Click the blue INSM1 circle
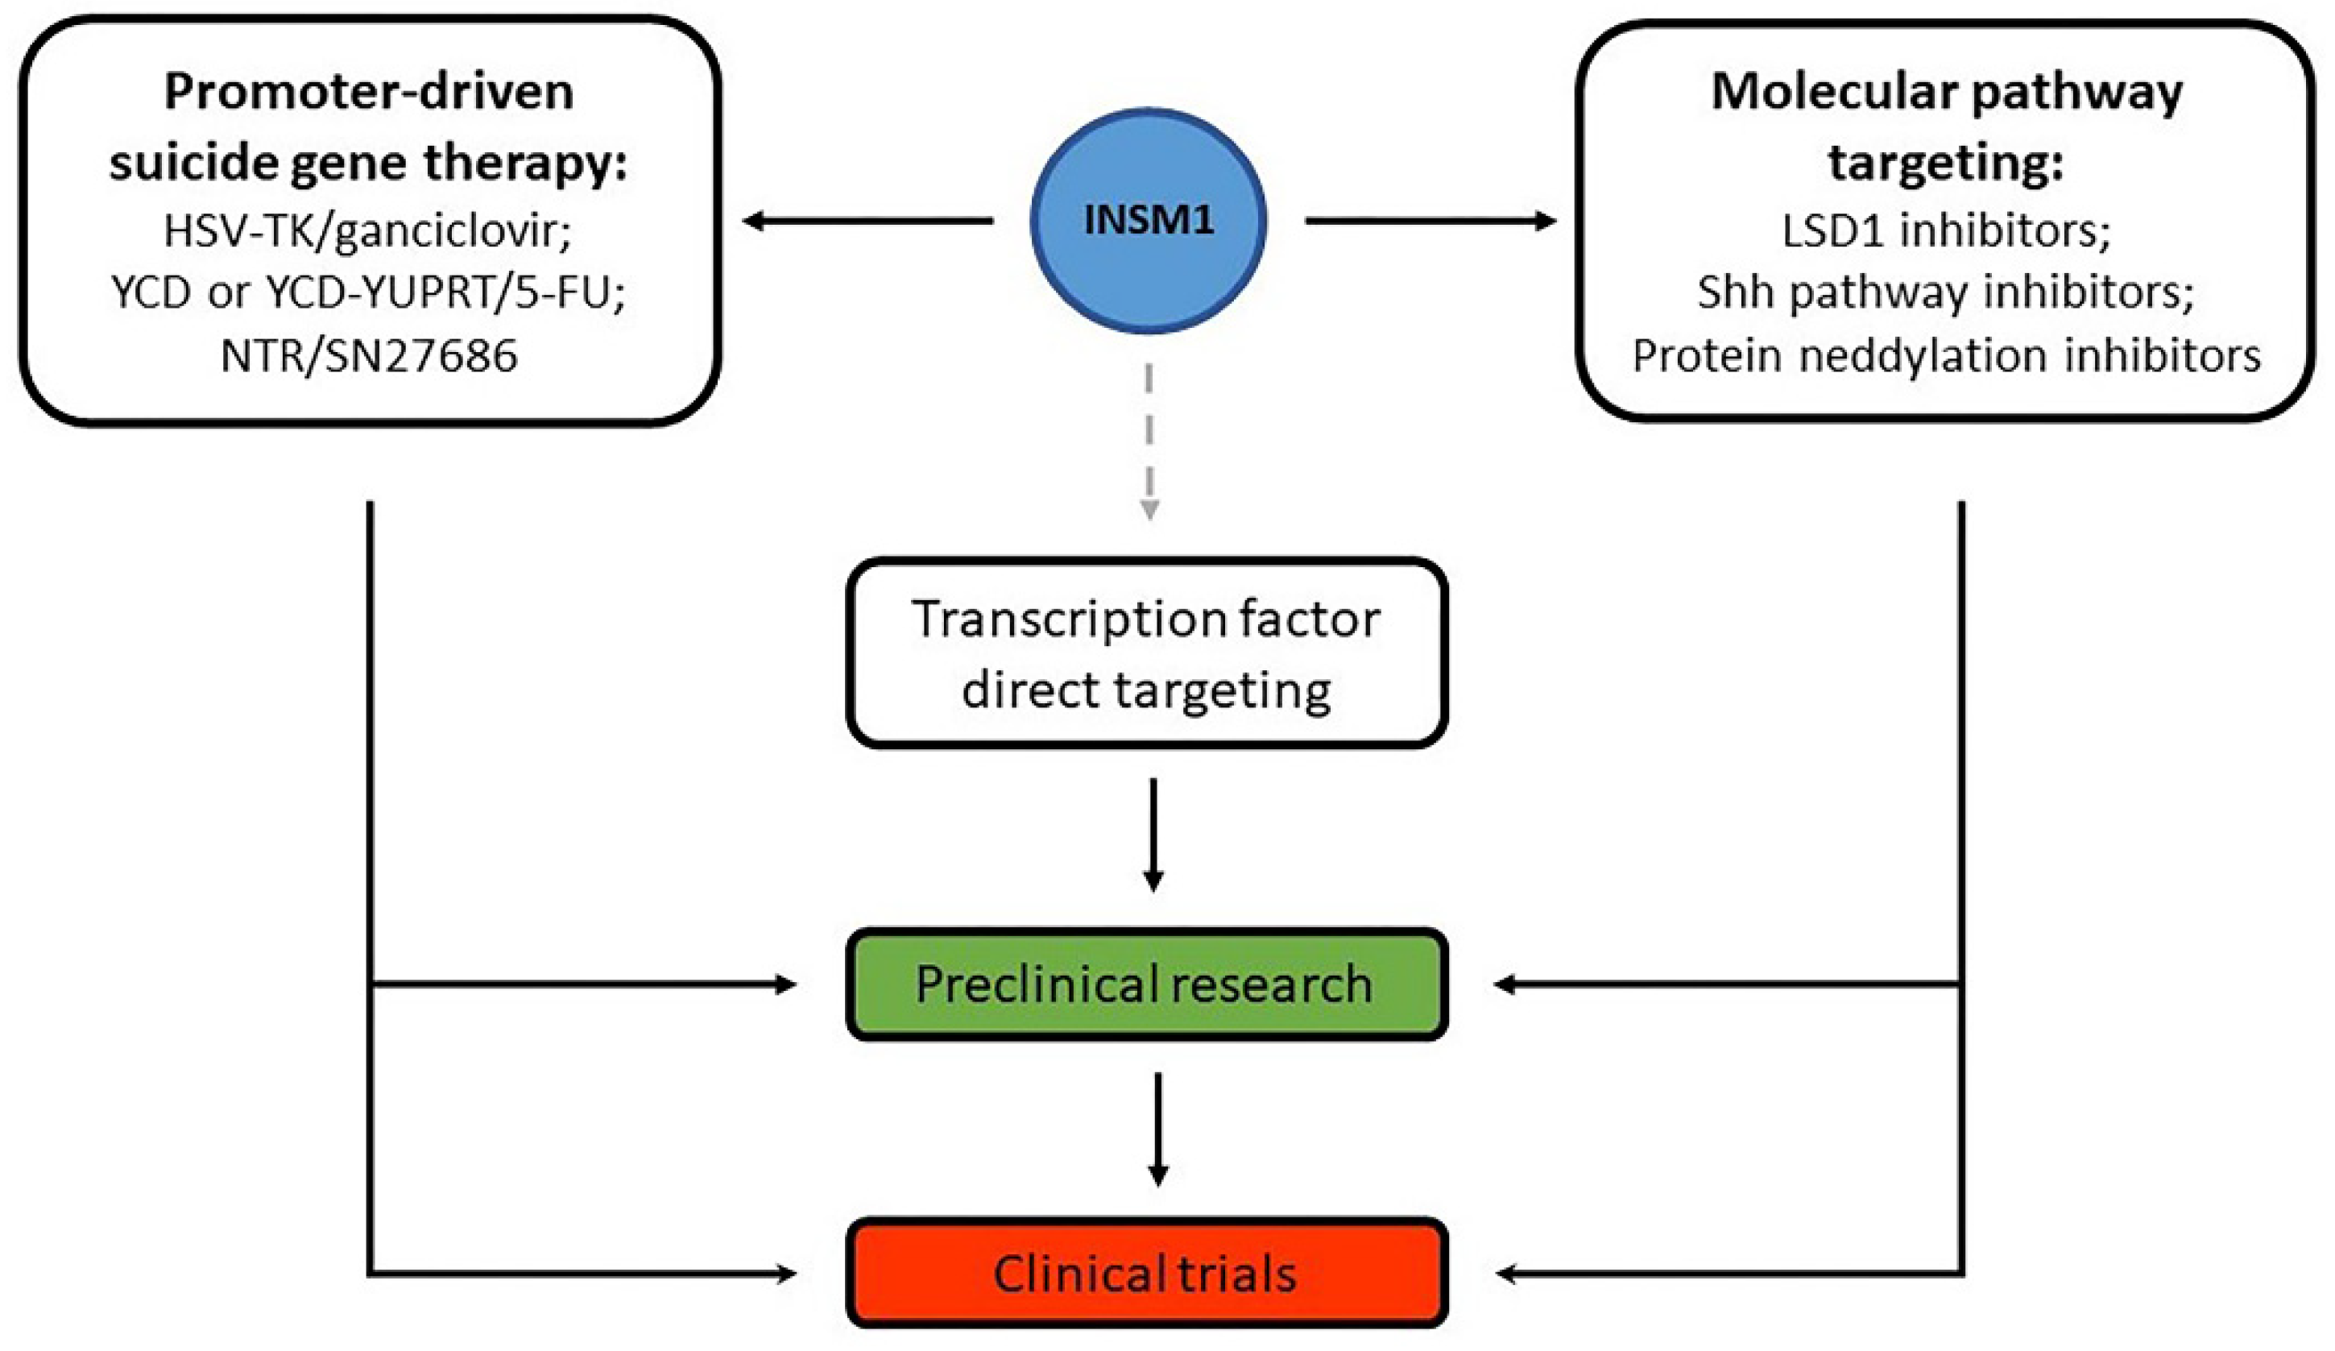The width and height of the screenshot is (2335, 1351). (1148, 221)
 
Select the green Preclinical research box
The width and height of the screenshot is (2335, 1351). (1147, 984)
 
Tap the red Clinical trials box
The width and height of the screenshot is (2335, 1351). (1147, 1274)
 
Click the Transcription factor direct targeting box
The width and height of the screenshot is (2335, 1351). (1147, 653)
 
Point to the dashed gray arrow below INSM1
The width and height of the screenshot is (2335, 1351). (1149, 440)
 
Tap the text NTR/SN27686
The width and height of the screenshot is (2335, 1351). (369, 356)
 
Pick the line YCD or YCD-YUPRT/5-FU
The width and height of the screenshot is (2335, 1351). (368, 292)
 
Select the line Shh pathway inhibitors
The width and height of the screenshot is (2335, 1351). (1946, 292)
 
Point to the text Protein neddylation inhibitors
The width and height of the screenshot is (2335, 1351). (1946, 356)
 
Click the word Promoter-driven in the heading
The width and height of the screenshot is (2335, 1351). (369, 93)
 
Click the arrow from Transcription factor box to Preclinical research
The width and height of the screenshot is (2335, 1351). (1153, 834)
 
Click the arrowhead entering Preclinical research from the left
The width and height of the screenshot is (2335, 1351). (786, 984)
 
